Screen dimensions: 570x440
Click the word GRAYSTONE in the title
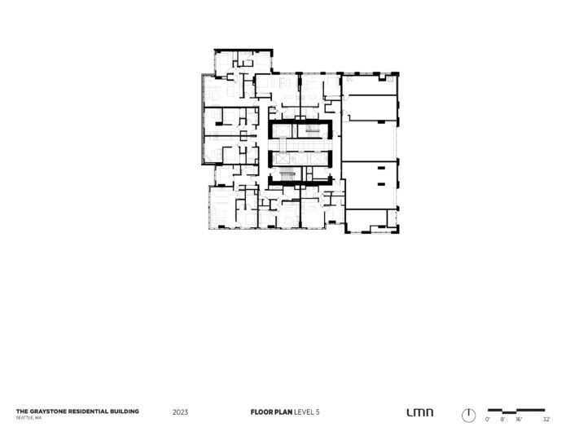coord(48,411)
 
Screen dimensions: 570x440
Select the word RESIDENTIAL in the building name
coord(88,411)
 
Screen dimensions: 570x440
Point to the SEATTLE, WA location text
coord(28,418)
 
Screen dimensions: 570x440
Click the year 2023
coord(180,412)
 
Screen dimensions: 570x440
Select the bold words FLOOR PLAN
coord(271,412)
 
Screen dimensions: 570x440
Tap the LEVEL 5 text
coord(307,412)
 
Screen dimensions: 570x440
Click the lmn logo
coord(420,412)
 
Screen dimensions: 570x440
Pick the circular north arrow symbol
coord(468,416)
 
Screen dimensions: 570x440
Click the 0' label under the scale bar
coord(488,420)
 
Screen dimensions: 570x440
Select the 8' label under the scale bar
coord(502,420)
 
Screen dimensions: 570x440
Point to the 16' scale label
coord(519,420)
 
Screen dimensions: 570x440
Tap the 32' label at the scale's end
coord(546,420)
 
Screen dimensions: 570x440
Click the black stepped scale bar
coord(516,411)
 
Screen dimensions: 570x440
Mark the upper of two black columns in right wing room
coord(381,168)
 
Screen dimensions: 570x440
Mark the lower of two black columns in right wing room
coord(381,184)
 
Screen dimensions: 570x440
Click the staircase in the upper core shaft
coord(312,131)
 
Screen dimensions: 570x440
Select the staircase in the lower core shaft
coord(287,175)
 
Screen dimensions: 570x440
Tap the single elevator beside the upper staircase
coord(282,131)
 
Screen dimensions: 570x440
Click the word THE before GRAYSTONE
coord(22,411)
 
